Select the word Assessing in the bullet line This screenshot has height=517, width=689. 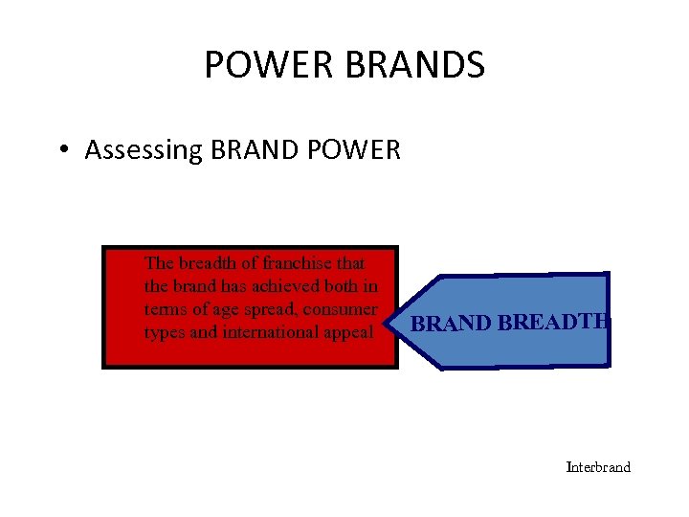coord(143,150)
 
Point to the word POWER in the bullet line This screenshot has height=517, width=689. coord(356,150)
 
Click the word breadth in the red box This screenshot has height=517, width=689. coord(202,262)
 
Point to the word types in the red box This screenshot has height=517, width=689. coord(163,332)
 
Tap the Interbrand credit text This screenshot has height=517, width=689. coord(599,467)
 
